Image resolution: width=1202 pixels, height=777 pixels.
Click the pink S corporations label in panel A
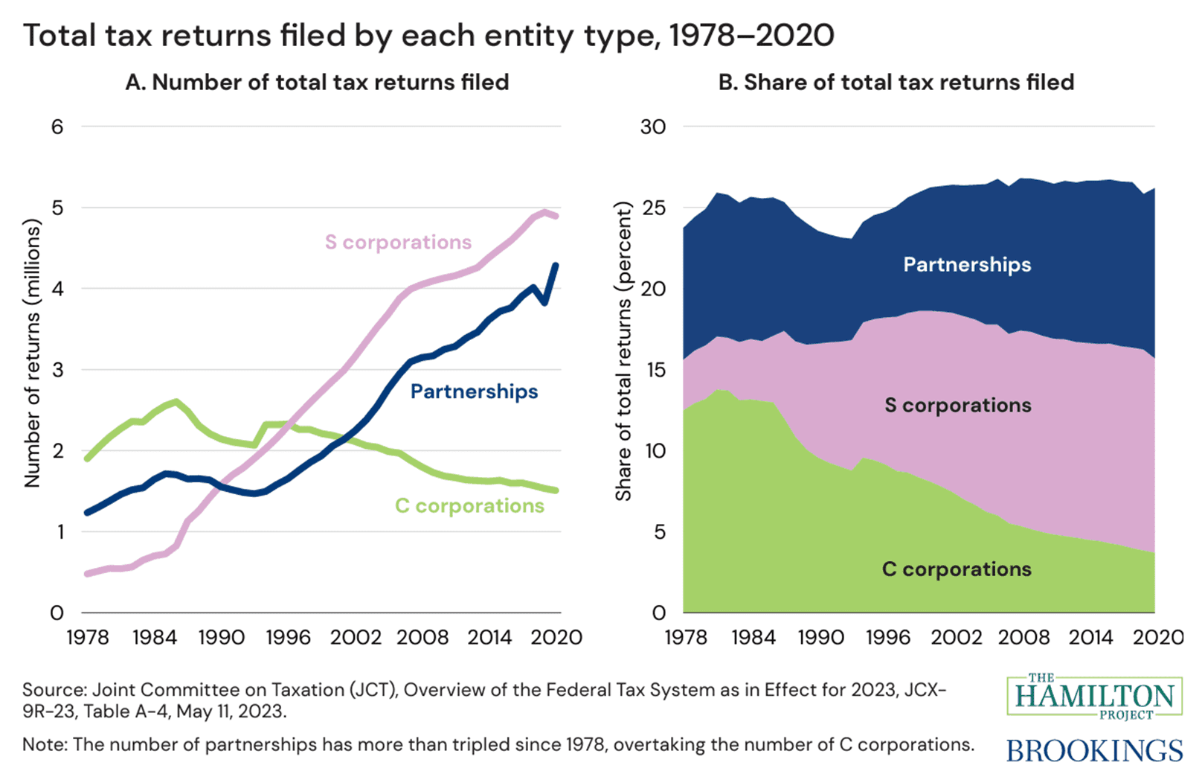(398, 242)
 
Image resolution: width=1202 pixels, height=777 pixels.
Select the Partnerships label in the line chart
(474, 391)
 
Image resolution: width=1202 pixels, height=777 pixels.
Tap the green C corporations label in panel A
(469, 506)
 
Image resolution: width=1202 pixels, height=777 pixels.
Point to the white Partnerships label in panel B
(967, 265)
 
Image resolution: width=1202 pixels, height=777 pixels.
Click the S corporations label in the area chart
(958, 406)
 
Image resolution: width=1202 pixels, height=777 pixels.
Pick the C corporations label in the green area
(957, 569)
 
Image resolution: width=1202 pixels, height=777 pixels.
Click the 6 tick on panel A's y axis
(57, 127)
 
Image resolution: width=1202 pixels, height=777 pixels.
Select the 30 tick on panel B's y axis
(652, 127)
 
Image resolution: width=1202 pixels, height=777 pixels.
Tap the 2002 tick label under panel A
(356, 638)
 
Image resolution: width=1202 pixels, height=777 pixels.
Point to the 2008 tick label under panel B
(1023, 638)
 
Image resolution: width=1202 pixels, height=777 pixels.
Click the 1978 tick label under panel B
(685, 638)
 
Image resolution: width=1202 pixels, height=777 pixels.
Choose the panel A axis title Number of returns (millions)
(31, 354)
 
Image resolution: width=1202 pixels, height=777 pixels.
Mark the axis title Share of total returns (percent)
(623, 351)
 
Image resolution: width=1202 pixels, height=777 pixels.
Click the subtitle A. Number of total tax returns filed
(317, 82)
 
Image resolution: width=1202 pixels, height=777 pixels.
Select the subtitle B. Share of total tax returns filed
(896, 82)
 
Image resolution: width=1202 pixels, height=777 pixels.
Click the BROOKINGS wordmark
(1093, 750)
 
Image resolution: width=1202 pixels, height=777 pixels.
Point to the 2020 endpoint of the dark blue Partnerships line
(556, 265)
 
